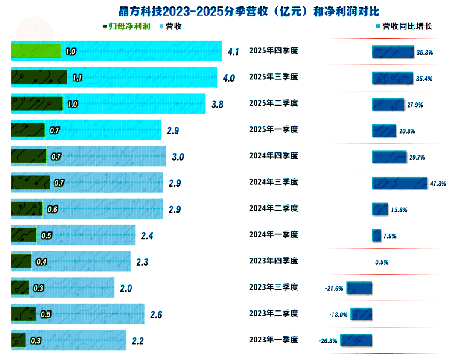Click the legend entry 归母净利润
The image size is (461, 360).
[x=127, y=26]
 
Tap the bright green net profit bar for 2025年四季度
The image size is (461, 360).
[x=35, y=51]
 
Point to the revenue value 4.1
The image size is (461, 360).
[x=233, y=52]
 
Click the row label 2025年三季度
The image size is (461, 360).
[x=273, y=77]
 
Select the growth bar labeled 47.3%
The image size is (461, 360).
[x=400, y=183]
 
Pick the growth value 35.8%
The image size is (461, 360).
[x=425, y=53]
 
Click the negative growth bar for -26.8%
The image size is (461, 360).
[x=356, y=340]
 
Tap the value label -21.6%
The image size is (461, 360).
[x=334, y=289]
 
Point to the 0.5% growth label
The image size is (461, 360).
[x=382, y=263]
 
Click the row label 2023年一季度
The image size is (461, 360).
[x=273, y=340]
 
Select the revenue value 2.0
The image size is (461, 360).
[x=126, y=289]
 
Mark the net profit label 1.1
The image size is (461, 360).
[x=77, y=78]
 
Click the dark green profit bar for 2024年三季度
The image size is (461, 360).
[x=30, y=182]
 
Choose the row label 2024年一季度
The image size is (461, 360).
[x=273, y=234]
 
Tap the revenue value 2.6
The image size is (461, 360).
[x=156, y=315]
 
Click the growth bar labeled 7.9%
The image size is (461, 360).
[x=376, y=235]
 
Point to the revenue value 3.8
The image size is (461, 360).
[x=217, y=105]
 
